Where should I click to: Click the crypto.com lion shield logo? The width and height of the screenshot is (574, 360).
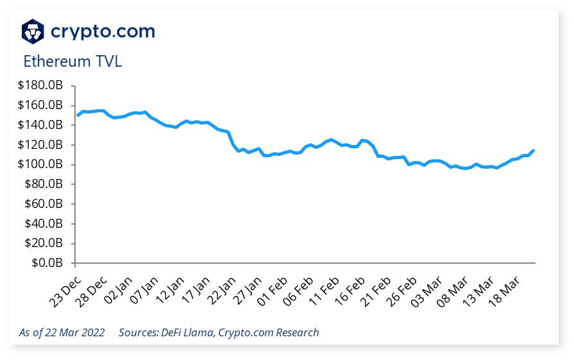pyautogui.click(x=33, y=31)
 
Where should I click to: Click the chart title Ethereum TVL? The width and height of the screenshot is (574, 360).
pyautogui.click(x=72, y=62)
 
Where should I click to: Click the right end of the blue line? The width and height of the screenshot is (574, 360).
pyautogui.click(x=534, y=151)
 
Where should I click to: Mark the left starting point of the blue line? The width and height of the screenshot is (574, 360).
pyautogui.click(x=78, y=116)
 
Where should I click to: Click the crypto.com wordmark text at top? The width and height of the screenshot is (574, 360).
pyautogui.click(x=103, y=30)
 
